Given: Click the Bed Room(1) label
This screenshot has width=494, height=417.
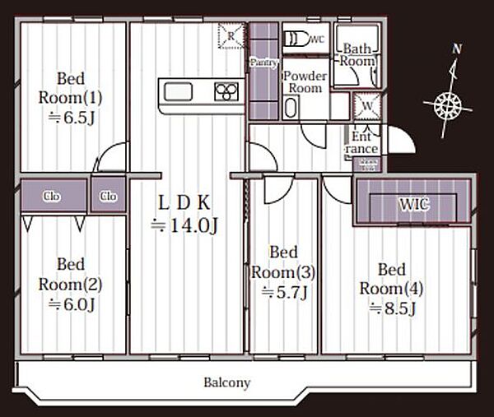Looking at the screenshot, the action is (70, 88).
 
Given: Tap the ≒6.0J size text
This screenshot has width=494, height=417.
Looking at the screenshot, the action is (72, 304).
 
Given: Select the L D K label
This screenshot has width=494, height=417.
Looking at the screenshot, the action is (184, 202).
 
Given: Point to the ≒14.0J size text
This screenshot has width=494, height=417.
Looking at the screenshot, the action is (184, 225).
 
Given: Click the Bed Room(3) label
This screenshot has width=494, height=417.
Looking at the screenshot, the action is (283, 262).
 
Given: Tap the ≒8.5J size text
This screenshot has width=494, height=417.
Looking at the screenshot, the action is (393, 308).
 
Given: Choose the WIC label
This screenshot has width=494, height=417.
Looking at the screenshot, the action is (414, 205).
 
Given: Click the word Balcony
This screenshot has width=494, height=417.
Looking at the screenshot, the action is (227, 382).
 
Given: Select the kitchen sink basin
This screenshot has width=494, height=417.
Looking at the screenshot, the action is (178, 91).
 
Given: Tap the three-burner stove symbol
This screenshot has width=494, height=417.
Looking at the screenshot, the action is (226, 91).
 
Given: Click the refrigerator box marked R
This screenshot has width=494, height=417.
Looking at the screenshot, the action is (231, 36).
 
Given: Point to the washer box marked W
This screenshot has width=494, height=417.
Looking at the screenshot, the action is (367, 106).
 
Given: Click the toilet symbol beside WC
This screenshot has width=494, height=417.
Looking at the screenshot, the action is (296, 39).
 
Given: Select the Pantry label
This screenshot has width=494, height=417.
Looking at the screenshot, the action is (263, 63).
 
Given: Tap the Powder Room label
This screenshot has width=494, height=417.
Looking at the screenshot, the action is (305, 82).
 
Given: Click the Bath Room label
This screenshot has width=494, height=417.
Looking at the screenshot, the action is (357, 55).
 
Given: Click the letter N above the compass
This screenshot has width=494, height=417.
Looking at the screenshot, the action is (457, 49).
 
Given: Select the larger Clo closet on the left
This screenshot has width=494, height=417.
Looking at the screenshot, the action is (54, 196).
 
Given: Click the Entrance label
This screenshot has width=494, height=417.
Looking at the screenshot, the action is (362, 142).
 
